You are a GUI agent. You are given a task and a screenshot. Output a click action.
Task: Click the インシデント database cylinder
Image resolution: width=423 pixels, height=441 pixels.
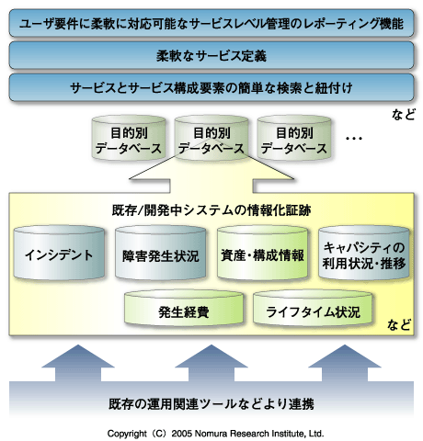(58, 254)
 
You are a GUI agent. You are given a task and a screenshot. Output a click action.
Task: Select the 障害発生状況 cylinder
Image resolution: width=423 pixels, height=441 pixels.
(159, 254)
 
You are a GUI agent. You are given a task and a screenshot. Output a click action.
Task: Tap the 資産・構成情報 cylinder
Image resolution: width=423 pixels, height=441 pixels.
(261, 254)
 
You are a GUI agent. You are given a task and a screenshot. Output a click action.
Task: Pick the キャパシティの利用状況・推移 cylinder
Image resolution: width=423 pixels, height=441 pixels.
(361, 254)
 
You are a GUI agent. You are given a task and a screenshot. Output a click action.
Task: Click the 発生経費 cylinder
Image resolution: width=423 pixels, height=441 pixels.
(182, 311)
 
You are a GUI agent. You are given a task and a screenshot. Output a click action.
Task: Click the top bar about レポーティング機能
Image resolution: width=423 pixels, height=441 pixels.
(211, 20)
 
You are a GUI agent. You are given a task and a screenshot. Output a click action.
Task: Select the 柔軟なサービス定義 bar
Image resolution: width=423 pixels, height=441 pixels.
(211, 54)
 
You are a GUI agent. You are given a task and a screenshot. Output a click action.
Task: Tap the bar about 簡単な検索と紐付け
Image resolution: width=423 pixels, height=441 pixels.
(211, 88)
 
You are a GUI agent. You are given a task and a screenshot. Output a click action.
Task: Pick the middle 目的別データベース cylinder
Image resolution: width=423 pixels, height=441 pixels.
(210, 139)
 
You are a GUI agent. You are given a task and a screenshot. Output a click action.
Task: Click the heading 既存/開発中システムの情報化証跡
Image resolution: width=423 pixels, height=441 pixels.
(211, 209)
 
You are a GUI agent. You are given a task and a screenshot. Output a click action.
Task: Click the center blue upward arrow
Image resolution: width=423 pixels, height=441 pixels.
(211, 363)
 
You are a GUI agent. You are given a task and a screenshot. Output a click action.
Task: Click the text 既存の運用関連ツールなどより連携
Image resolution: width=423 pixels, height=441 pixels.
(211, 403)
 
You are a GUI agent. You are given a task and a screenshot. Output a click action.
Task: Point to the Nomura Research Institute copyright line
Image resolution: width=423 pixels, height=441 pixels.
(211, 431)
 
